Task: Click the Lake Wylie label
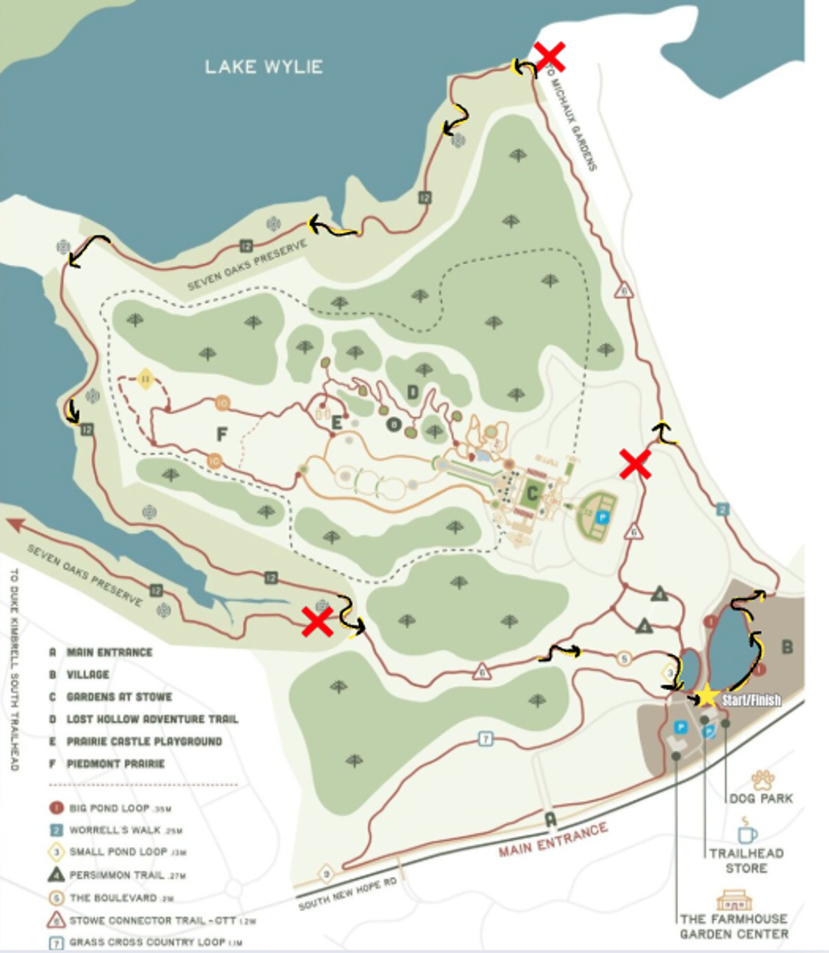pos(264,67)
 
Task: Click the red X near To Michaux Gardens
pos(549,57)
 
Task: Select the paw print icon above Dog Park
pos(762,780)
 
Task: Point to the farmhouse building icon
pos(734,900)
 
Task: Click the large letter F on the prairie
pos(222,434)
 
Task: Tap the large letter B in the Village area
pos(787,647)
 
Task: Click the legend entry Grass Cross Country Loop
pos(146,942)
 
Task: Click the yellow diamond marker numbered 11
pos(145,379)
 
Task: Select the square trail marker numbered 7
pos(485,738)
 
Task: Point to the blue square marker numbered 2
pos(722,510)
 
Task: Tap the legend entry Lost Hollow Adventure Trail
pos(152,719)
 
